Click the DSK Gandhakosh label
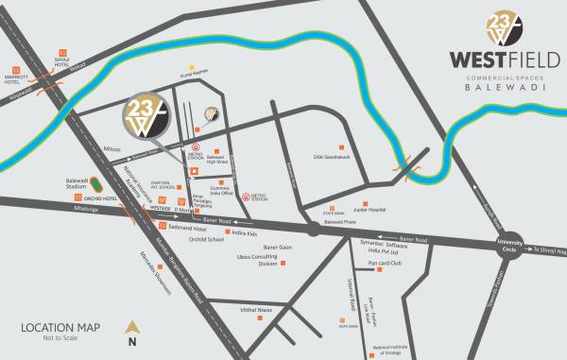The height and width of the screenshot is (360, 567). coord(332,157)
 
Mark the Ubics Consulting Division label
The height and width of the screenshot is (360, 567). coord(256,261)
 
